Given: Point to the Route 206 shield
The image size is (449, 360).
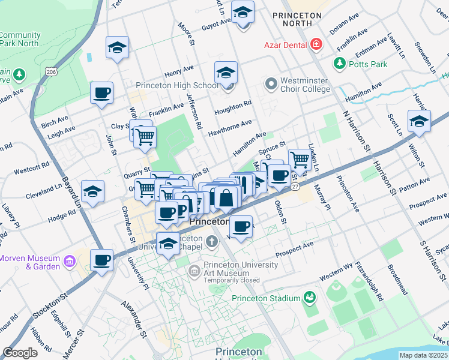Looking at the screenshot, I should coord(52,72).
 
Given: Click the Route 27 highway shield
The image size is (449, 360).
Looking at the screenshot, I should coord(295,187).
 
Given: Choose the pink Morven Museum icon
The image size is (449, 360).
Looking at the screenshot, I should coord(70,262).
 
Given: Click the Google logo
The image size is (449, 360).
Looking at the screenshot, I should coord(20,353).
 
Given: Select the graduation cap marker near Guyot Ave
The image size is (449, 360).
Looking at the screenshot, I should coord(243,13).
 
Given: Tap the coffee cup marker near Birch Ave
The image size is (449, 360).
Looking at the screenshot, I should coord(102,94).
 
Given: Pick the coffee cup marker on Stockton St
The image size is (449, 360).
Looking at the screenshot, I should coord(102,261).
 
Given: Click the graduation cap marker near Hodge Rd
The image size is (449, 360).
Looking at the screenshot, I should coord(93,192).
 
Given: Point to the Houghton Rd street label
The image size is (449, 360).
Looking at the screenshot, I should coord(233,105).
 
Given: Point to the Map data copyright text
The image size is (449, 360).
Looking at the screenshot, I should coord(424,355).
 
